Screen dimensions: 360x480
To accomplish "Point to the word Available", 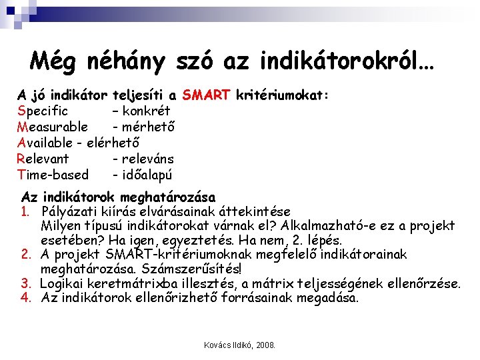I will point(45,143).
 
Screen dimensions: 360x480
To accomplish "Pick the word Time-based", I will point(53,175).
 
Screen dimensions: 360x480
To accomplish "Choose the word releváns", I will point(148,159).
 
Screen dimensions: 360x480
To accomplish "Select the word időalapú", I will point(147,175).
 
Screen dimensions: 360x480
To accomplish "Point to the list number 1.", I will point(27,211).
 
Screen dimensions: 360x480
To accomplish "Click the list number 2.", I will point(27,255).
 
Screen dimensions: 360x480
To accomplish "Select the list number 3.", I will point(27,283).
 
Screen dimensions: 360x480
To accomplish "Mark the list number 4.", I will point(27,297).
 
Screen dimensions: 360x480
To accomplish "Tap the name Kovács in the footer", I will point(217,346).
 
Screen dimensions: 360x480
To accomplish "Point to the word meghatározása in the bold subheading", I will point(174,197).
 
